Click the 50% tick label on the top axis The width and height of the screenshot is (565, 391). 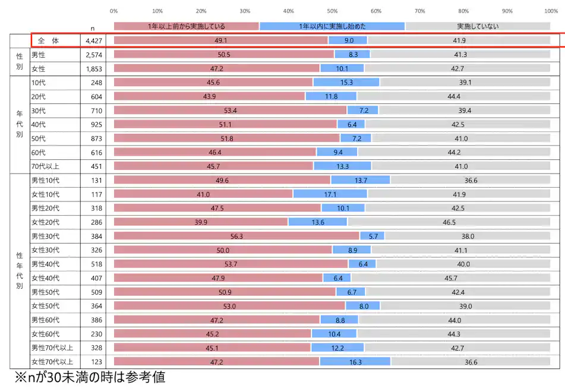pyautogui.click(x=332, y=11)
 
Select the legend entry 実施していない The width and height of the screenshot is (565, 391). pyautogui.click(x=478, y=26)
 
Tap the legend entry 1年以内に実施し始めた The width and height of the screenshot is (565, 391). pyautogui.click(x=332, y=26)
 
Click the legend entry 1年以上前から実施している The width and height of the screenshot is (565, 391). pyautogui.click(x=186, y=26)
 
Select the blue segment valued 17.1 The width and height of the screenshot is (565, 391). pyautogui.click(x=330, y=194)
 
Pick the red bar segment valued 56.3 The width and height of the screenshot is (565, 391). pyautogui.click(x=236, y=235)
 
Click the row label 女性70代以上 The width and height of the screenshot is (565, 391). pyautogui.click(x=52, y=361)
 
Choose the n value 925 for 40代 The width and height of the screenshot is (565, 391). pyautogui.click(x=96, y=124)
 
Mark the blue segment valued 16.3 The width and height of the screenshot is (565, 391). pyautogui.click(x=355, y=361)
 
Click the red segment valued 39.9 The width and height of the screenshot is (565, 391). pyautogui.click(x=201, y=222)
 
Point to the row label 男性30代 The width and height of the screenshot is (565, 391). pyautogui.click(x=46, y=235)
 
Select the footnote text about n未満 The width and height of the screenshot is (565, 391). pyautogui.click(x=90, y=377)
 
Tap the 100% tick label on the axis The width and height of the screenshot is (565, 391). pyautogui.click(x=551, y=11)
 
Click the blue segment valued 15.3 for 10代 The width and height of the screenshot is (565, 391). pyautogui.click(x=346, y=83)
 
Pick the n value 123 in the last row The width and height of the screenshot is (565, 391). pyautogui.click(x=96, y=361)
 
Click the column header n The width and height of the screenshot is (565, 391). pyautogui.click(x=92, y=28)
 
